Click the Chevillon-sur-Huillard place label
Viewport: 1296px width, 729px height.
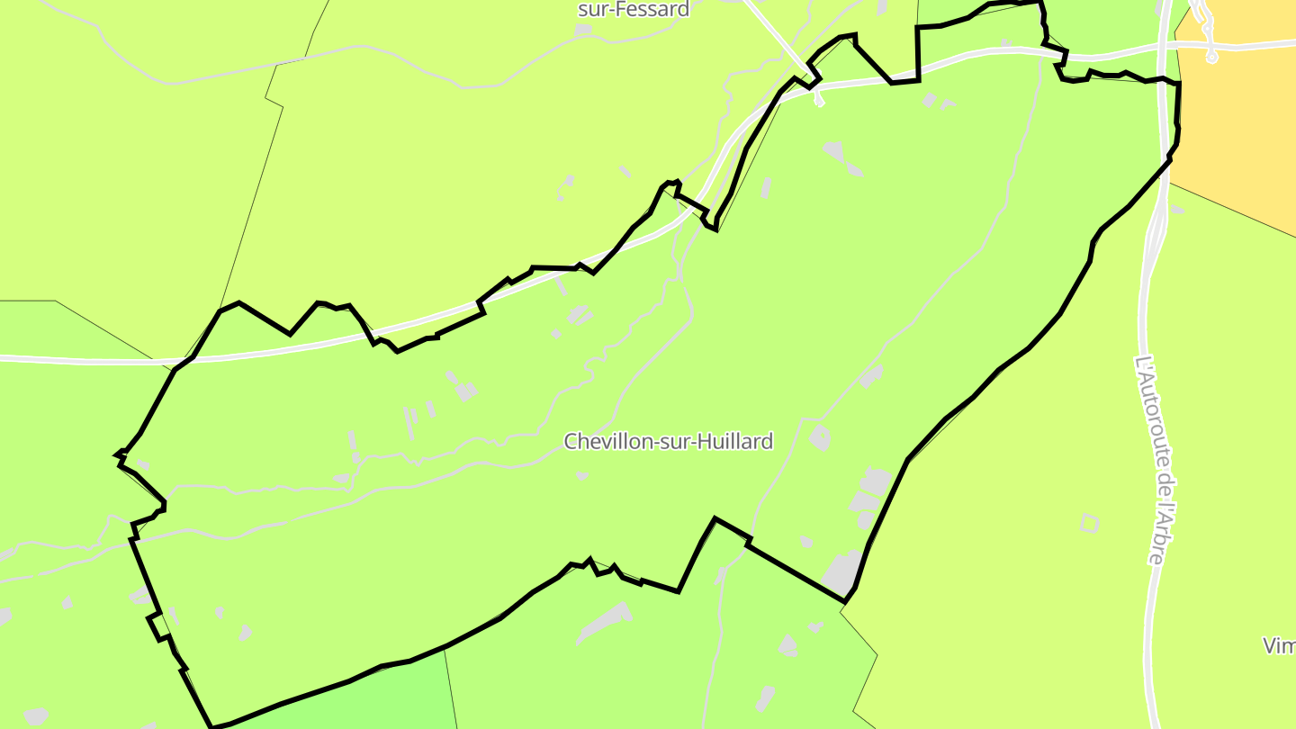pos(668,441)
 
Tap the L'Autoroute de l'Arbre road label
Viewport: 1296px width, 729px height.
pos(1153,459)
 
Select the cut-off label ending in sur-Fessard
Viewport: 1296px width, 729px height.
pos(634,10)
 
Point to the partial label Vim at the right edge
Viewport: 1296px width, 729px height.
pos(1279,645)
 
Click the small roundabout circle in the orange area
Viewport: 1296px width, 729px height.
pos(1211,58)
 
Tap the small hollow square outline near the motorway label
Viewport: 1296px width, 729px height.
pos(1090,522)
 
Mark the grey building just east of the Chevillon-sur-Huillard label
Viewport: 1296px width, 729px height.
pos(819,438)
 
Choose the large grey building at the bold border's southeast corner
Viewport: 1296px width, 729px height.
pos(842,572)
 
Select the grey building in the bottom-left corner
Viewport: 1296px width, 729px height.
pos(36,716)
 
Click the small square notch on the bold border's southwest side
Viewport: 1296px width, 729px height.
pos(157,625)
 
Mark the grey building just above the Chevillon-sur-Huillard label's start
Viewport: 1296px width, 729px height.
pos(580,315)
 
